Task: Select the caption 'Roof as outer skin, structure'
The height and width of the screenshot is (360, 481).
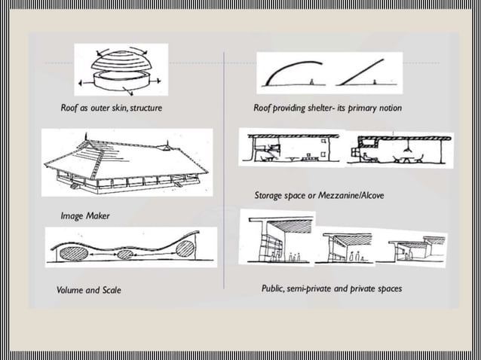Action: (111, 108)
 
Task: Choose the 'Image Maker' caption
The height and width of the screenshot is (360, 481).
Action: (85, 216)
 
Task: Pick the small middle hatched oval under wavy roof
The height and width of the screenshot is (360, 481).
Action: (126, 255)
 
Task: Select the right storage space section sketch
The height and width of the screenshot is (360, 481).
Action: (400, 150)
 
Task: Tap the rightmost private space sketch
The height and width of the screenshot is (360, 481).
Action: (417, 249)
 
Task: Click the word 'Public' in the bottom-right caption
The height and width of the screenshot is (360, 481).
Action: (274, 288)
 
